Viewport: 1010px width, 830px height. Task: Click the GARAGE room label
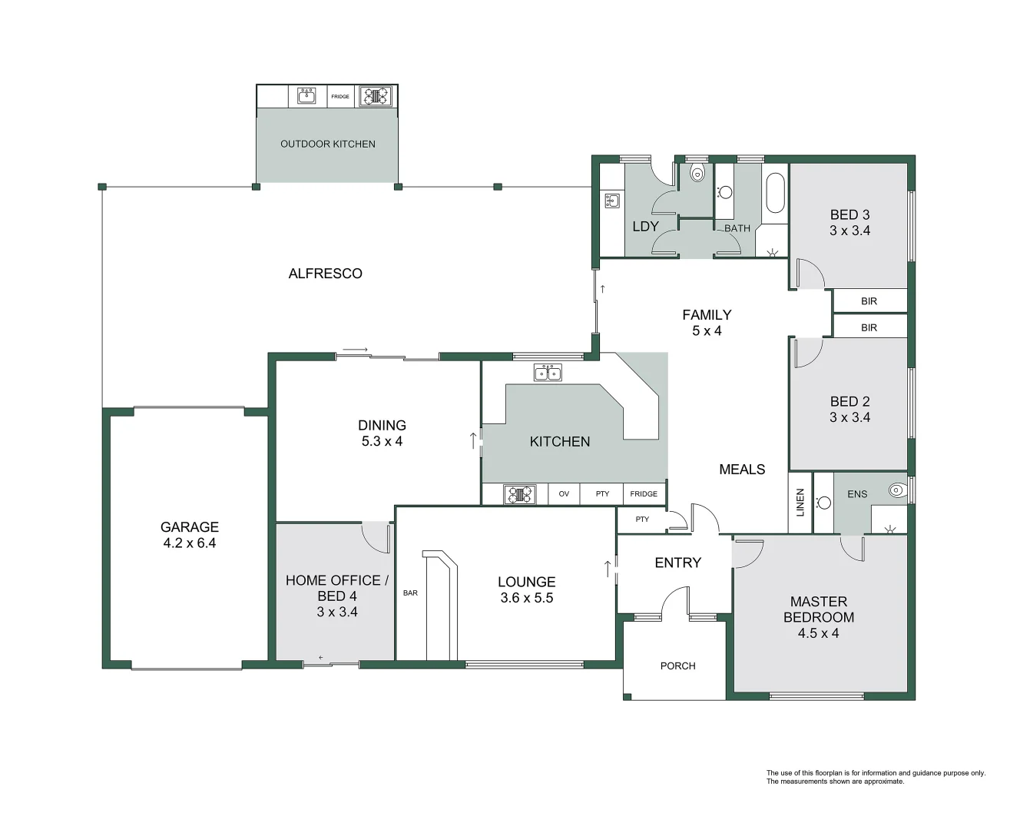click(x=189, y=527)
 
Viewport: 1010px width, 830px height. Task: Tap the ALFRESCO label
click(x=325, y=274)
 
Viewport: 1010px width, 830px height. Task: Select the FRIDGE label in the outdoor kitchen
click(x=340, y=97)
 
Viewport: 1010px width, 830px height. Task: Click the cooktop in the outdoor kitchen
click(x=376, y=96)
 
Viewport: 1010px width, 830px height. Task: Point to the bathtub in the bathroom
click(x=775, y=193)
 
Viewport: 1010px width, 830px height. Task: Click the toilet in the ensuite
click(x=896, y=489)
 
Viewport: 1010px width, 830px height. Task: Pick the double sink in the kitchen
click(x=548, y=373)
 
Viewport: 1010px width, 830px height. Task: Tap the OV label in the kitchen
click(x=564, y=493)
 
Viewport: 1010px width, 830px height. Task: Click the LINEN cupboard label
click(x=800, y=502)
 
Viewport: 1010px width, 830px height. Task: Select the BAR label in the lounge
click(x=410, y=593)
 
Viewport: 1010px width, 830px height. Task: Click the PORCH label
click(x=677, y=666)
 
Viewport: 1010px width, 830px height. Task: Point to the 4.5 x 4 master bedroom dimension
click(x=818, y=633)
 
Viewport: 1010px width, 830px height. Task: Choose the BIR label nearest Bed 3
click(x=869, y=301)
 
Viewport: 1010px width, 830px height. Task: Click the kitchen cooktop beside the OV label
click(x=520, y=493)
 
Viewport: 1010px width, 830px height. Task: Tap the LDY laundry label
click(x=645, y=226)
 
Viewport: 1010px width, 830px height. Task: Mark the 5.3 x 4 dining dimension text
click(x=382, y=441)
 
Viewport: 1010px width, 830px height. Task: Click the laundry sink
click(x=612, y=201)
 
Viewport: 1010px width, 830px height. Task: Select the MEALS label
click(x=741, y=469)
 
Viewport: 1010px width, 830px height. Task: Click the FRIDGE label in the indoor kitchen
click(x=644, y=493)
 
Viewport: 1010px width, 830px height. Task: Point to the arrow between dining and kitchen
click(x=473, y=440)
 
